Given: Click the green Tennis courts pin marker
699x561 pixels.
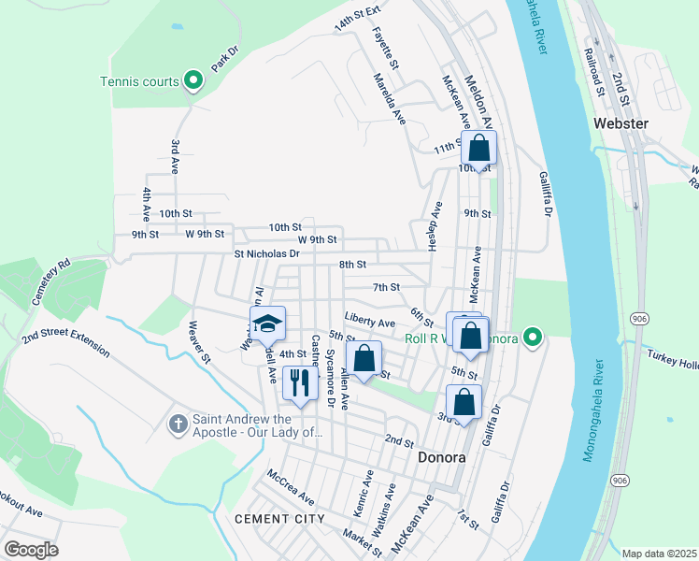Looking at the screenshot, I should (193, 81).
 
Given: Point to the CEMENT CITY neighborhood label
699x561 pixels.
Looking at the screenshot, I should (279, 518).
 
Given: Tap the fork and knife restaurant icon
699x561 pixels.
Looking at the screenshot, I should (300, 382).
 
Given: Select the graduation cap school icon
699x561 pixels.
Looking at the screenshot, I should (267, 324).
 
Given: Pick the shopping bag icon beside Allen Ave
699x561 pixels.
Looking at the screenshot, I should (364, 358).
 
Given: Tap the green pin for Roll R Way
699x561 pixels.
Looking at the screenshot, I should (533, 337).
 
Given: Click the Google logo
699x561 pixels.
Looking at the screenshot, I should (31, 549).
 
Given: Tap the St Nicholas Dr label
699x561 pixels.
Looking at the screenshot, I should (266, 253).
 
